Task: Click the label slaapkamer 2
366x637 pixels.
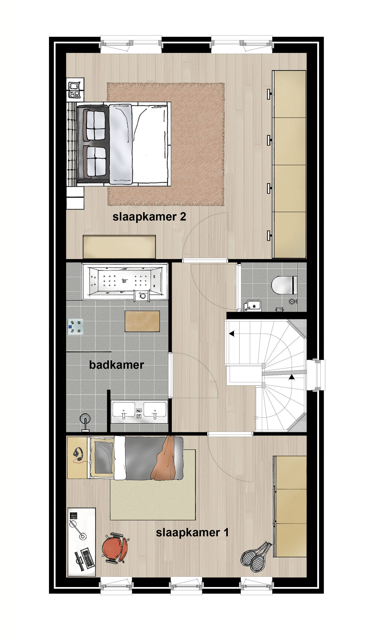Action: point(149,217)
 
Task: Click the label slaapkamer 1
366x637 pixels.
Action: point(192,533)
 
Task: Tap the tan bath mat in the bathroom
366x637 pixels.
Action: point(142,321)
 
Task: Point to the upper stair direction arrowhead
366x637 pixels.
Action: point(231,334)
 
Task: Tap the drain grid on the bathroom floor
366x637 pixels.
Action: point(75,327)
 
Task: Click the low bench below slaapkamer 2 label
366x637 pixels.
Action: point(119,247)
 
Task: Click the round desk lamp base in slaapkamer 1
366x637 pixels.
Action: point(82,537)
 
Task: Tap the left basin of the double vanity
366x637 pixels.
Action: point(124,410)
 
